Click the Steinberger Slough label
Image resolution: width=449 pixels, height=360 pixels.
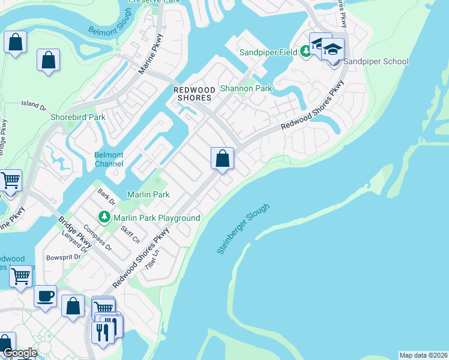tap(244, 229)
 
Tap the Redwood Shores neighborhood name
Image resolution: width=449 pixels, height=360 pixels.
tap(194, 94)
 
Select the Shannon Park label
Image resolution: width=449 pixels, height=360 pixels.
tap(246, 88)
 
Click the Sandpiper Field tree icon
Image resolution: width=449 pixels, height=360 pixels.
tap(306, 52)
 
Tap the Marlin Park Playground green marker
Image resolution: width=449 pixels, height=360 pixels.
tap(105, 216)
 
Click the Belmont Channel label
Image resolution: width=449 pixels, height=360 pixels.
tap(109, 159)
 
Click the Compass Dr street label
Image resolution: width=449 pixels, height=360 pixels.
tap(97, 238)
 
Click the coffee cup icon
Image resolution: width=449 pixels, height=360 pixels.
tap(45, 295)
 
